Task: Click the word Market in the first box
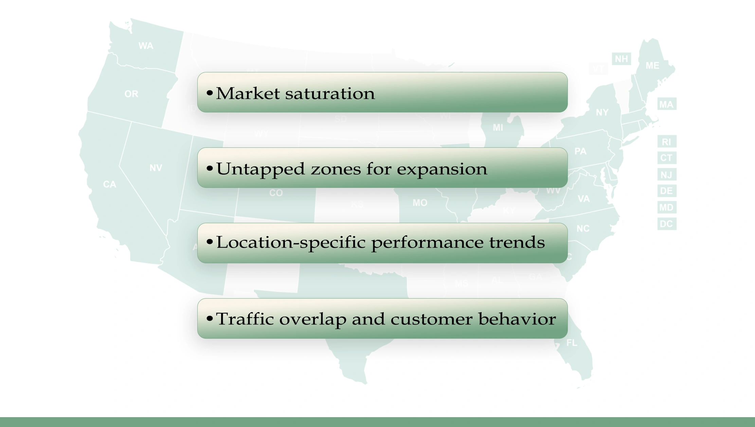[x=248, y=93]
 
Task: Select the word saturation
[x=330, y=93]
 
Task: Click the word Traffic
[x=245, y=319]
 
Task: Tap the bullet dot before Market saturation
[x=210, y=92]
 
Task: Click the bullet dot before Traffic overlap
[x=210, y=318]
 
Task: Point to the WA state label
[x=146, y=46]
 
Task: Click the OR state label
[x=131, y=94]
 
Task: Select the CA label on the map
[x=110, y=184]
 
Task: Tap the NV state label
[x=156, y=168]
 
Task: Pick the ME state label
[x=652, y=66]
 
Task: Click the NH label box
[x=622, y=59]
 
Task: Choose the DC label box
[x=666, y=224]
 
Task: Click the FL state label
[x=572, y=343]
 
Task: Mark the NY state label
[x=602, y=112]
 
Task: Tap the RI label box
[x=666, y=142]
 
